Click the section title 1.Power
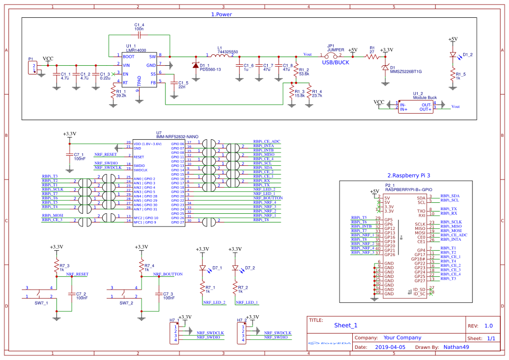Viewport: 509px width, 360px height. (221, 14)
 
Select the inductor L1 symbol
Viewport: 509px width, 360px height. (220, 56)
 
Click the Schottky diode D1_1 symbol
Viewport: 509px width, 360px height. (196, 65)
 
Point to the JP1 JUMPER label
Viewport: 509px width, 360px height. (335, 48)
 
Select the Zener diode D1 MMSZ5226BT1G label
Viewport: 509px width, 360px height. (406, 71)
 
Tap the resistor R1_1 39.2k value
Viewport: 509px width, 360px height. (121, 96)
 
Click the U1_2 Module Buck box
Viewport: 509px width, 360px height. (415, 106)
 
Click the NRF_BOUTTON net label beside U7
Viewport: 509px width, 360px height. (268, 198)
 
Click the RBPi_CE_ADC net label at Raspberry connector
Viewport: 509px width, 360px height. (454, 235)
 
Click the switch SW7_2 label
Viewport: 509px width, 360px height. (126, 303)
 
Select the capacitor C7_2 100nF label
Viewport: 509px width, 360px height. (81, 296)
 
